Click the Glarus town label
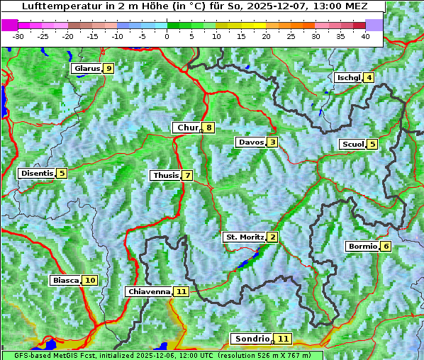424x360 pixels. (x=86, y=69)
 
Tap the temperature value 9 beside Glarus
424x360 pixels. (x=108, y=69)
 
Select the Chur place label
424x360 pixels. (x=187, y=128)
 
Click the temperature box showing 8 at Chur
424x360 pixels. (x=209, y=128)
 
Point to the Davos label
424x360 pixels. (x=251, y=142)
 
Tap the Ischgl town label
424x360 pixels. (x=349, y=78)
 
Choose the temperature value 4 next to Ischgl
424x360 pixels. (x=369, y=78)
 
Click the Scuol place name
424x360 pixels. (x=352, y=145)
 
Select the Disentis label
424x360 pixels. (x=37, y=173)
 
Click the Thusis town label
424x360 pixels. (x=165, y=176)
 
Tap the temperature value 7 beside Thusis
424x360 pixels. (x=187, y=176)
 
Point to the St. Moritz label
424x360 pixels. (x=244, y=237)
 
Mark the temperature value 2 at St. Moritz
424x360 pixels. (x=272, y=237)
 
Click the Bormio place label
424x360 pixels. (x=362, y=247)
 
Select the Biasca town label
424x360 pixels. (x=66, y=281)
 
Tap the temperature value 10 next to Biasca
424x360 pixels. (x=89, y=281)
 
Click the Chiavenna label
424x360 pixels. (x=149, y=291)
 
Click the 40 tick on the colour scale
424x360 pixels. (x=365, y=36)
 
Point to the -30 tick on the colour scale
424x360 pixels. (x=18, y=36)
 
